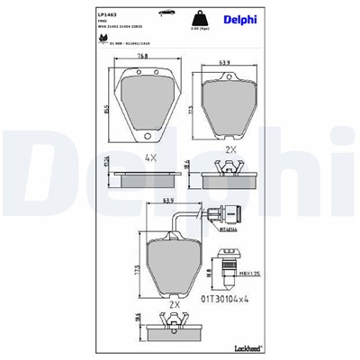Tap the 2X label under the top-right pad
tap(229, 148)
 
